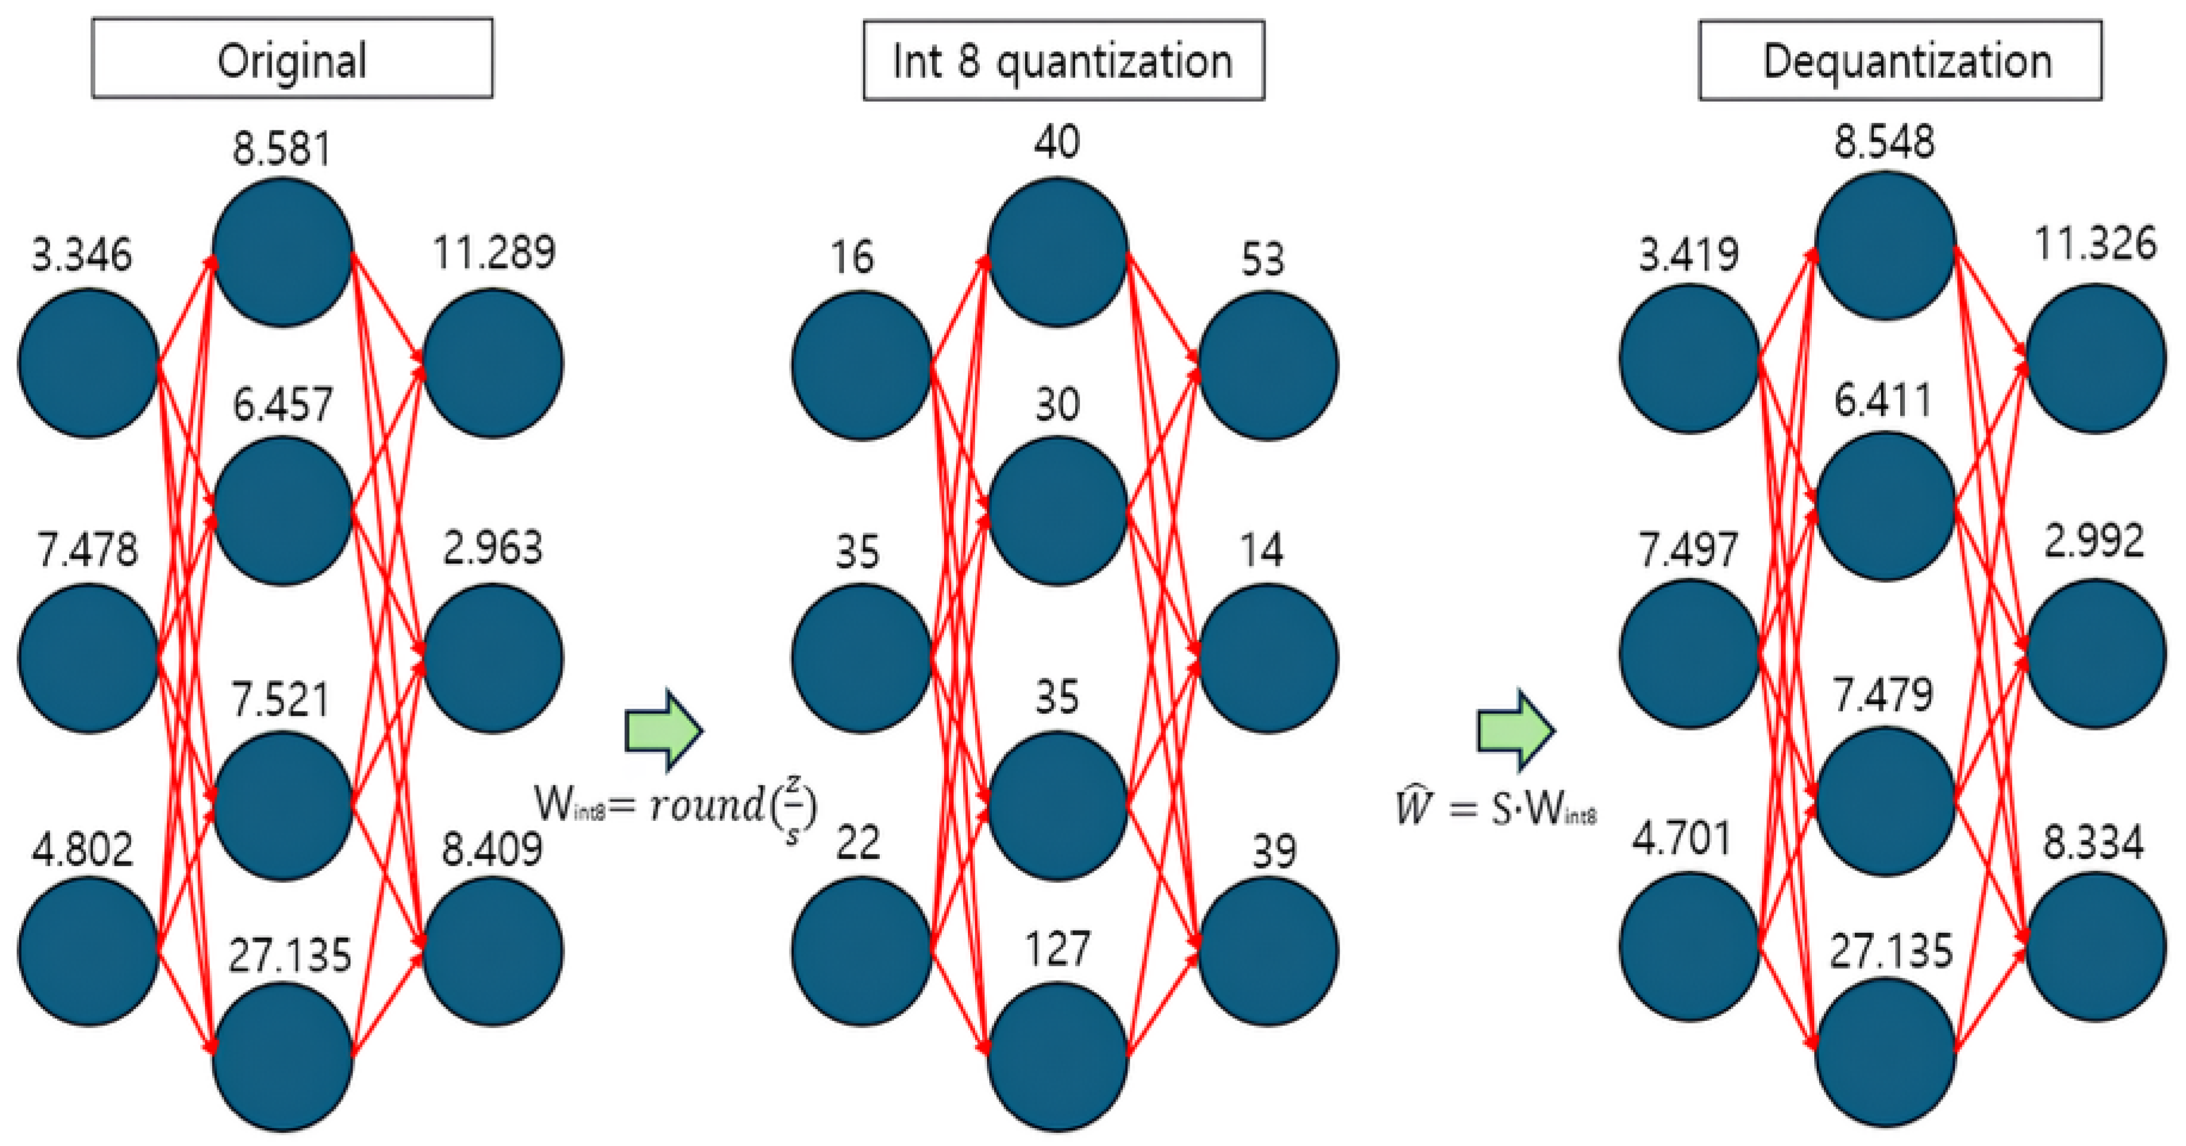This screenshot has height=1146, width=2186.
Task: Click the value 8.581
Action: [282, 149]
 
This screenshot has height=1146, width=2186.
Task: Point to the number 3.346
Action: [82, 254]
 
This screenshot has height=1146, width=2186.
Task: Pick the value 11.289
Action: [494, 252]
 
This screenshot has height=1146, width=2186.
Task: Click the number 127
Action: [1057, 948]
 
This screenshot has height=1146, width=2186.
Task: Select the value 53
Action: [1263, 259]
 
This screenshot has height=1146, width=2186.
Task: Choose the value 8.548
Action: [1884, 142]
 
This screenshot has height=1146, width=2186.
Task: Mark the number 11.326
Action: [2095, 244]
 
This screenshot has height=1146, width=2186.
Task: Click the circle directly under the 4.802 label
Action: [88, 950]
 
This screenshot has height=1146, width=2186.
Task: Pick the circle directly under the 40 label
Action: [1057, 251]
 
